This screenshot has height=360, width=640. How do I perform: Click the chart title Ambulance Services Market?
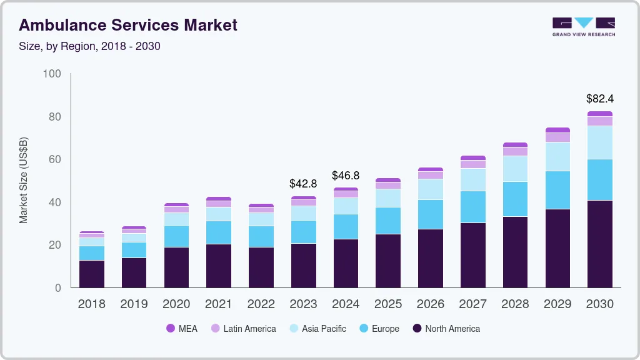[128, 26]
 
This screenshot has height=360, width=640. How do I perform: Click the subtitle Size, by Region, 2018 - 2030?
[89, 46]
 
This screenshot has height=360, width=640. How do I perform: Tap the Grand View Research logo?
[583, 27]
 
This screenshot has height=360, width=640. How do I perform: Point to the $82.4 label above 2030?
[599, 99]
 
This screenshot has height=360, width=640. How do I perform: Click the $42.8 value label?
[302, 184]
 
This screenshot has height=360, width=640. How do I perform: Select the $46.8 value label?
[345, 176]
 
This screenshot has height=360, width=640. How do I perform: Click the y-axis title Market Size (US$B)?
[24, 180]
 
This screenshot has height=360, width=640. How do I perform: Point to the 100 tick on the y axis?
[52, 74]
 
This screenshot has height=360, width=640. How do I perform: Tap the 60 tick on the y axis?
[55, 159]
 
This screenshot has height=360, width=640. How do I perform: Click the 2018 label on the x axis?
[91, 304]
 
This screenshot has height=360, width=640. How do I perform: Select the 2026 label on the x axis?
[430, 304]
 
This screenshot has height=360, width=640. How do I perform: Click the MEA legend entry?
[182, 329]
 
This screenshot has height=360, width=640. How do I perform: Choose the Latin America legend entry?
[243, 329]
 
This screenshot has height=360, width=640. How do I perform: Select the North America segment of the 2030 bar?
[599, 244]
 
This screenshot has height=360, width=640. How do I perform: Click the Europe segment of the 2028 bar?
[514, 199]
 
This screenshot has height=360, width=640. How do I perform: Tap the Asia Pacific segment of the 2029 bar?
[557, 156]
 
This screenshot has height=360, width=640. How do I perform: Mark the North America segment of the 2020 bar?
[176, 267]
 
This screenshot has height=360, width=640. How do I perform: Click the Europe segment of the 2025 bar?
[387, 221]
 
